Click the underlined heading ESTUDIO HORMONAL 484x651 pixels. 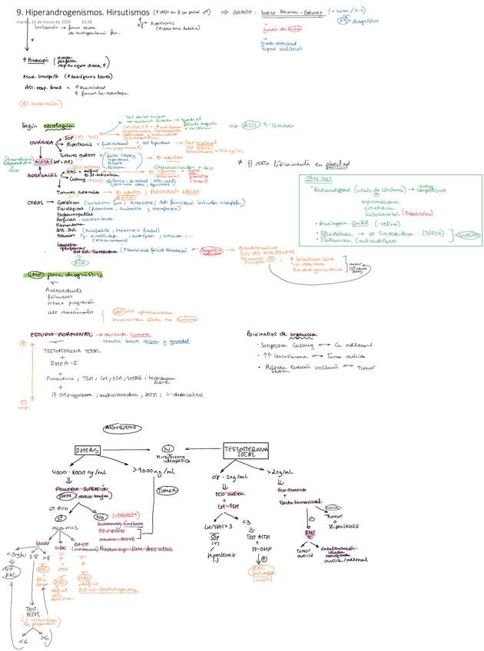[61, 335]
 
